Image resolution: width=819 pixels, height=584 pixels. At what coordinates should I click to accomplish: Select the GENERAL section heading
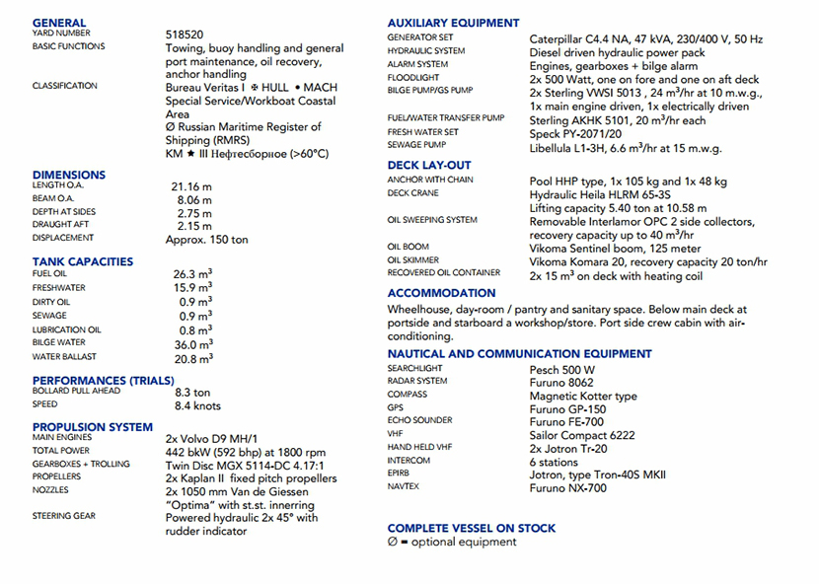[x=59, y=23]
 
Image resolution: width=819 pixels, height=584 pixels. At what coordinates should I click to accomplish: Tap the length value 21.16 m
[x=191, y=186]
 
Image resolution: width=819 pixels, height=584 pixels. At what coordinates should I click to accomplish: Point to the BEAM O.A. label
[x=53, y=198]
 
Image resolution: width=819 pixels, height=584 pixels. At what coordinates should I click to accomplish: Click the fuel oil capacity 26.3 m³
[x=193, y=274]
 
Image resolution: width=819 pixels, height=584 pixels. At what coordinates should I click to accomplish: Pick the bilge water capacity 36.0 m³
[x=193, y=344]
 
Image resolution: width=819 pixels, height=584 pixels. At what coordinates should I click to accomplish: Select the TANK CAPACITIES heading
[x=83, y=261]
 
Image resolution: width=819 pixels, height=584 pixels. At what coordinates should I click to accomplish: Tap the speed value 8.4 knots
[x=197, y=405]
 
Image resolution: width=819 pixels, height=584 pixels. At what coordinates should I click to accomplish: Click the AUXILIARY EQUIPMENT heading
[x=453, y=23]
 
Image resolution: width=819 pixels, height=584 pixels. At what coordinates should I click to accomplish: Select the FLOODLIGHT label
[x=413, y=77]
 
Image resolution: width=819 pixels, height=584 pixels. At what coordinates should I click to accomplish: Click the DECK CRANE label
[x=412, y=193]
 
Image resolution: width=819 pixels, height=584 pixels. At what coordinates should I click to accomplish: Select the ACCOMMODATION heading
[x=441, y=293]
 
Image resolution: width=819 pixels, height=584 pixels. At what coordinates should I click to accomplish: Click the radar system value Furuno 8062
[x=561, y=382]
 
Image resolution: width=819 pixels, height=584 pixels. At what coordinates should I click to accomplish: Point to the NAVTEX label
[x=407, y=487]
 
